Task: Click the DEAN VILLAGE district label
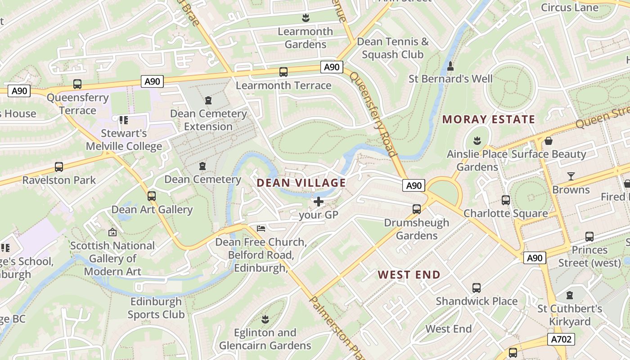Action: pyautogui.click(x=301, y=183)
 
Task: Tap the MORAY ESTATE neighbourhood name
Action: pyautogui.click(x=489, y=119)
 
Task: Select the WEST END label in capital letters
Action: pyautogui.click(x=409, y=274)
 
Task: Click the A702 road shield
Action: pyautogui.click(x=561, y=339)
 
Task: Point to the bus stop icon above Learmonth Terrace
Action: pyautogui.click(x=283, y=72)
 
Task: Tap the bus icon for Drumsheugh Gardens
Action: pyautogui.click(x=417, y=209)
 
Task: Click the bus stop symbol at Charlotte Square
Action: pyautogui.click(x=506, y=200)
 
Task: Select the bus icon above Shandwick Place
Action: pyautogui.click(x=477, y=288)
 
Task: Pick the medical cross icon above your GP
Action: pyautogui.click(x=319, y=202)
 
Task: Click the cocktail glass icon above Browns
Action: pyautogui.click(x=571, y=176)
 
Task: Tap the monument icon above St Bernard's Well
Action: pyautogui.click(x=450, y=66)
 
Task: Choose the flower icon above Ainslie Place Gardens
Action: pyautogui.click(x=477, y=141)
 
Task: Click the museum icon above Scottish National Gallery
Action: pyautogui.click(x=112, y=233)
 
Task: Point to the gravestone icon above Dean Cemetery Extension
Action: pyautogui.click(x=208, y=100)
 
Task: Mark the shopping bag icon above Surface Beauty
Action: pyautogui.click(x=549, y=141)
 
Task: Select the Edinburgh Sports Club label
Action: pyautogui.click(x=156, y=308)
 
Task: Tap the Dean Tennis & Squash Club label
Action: pyautogui.click(x=393, y=48)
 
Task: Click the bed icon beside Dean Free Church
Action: pyautogui.click(x=261, y=229)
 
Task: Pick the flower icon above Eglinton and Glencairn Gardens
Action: pyautogui.click(x=265, y=319)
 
